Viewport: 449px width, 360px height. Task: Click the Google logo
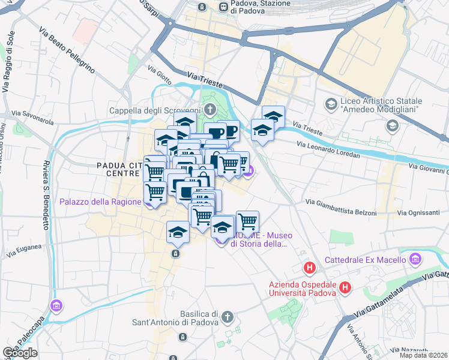20,353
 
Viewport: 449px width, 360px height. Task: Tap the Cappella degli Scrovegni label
154,110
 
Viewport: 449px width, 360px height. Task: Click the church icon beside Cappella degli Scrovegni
209,110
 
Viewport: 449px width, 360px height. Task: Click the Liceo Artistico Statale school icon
331,104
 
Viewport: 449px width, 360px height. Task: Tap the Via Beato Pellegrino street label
67,50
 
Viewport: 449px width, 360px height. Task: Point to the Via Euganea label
24,250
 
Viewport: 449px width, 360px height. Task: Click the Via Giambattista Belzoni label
341,207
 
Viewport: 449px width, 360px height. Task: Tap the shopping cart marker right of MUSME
247,221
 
